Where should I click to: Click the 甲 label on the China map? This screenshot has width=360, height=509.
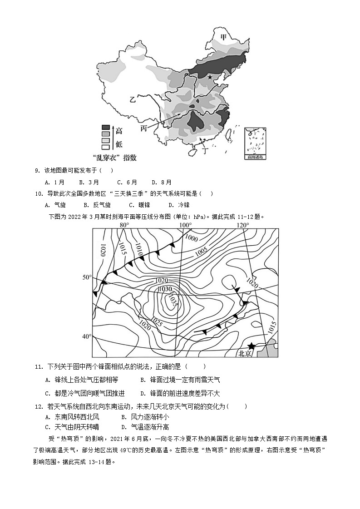(223, 37)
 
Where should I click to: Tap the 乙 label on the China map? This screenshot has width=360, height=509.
(132, 99)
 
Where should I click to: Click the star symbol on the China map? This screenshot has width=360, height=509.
(210, 77)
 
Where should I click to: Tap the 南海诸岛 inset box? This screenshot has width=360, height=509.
(255, 143)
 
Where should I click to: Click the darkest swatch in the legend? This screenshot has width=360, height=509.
(105, 128)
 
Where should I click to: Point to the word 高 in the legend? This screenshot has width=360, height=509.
(118, 131)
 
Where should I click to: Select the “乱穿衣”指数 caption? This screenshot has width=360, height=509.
(114, 158)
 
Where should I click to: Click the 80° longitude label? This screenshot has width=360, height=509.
(124, 225)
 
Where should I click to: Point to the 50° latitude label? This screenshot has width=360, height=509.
(86, 277)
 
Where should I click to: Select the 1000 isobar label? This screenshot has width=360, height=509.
(192, 238)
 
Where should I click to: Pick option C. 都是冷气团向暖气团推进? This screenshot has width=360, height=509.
(85, 393)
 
